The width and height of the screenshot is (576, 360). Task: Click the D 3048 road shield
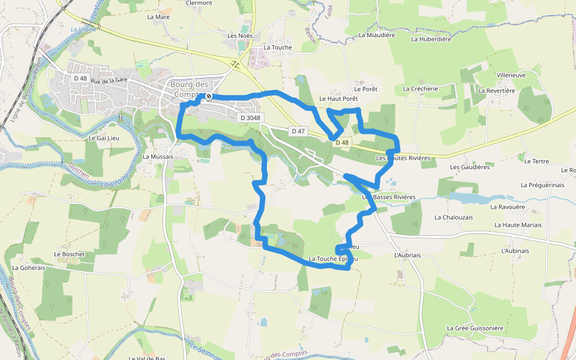coord(250,118)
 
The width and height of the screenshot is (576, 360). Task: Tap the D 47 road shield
coord(298,131)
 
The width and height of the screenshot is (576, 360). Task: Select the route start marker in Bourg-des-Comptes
coord(209,96)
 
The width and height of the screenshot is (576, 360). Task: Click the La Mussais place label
coord(158,157)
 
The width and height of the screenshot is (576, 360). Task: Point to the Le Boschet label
coord(70,254)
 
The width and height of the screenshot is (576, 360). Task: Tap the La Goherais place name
coord(28,268)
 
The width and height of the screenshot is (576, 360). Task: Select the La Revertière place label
coord(497,91)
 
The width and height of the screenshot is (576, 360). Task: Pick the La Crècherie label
coord(421,89)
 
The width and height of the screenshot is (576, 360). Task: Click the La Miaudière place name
coord(377,35)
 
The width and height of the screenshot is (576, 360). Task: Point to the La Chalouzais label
coord(454,217)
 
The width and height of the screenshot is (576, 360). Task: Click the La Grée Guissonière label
coord(475,328)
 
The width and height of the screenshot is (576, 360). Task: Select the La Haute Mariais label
coord(518,225)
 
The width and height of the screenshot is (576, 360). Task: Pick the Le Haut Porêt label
coord(338,98)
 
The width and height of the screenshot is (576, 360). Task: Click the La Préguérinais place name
coord(542,185)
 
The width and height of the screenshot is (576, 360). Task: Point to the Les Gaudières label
coord(470,167)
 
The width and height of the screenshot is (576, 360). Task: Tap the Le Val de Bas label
coord(147,358)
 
